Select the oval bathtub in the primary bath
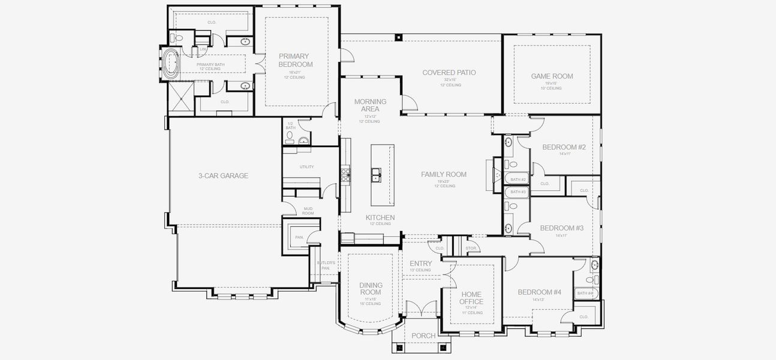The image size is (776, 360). click(172, 62)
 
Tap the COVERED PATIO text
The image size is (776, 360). click(449, 73)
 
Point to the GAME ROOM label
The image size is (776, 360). click(552, 76)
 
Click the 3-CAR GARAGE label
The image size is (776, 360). click(223, 176)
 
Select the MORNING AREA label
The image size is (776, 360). click(370, 106)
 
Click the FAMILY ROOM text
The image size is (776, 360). click(443, 175)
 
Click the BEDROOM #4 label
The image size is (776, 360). click(539, 292)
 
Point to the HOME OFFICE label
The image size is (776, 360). click(471, 298)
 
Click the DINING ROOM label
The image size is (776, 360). click(371, 289)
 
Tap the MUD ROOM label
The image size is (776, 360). click(308, 211)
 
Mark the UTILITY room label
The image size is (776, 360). click(306, 167)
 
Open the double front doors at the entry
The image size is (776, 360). click(422, 309)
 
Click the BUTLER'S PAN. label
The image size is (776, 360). click(326, 265)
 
